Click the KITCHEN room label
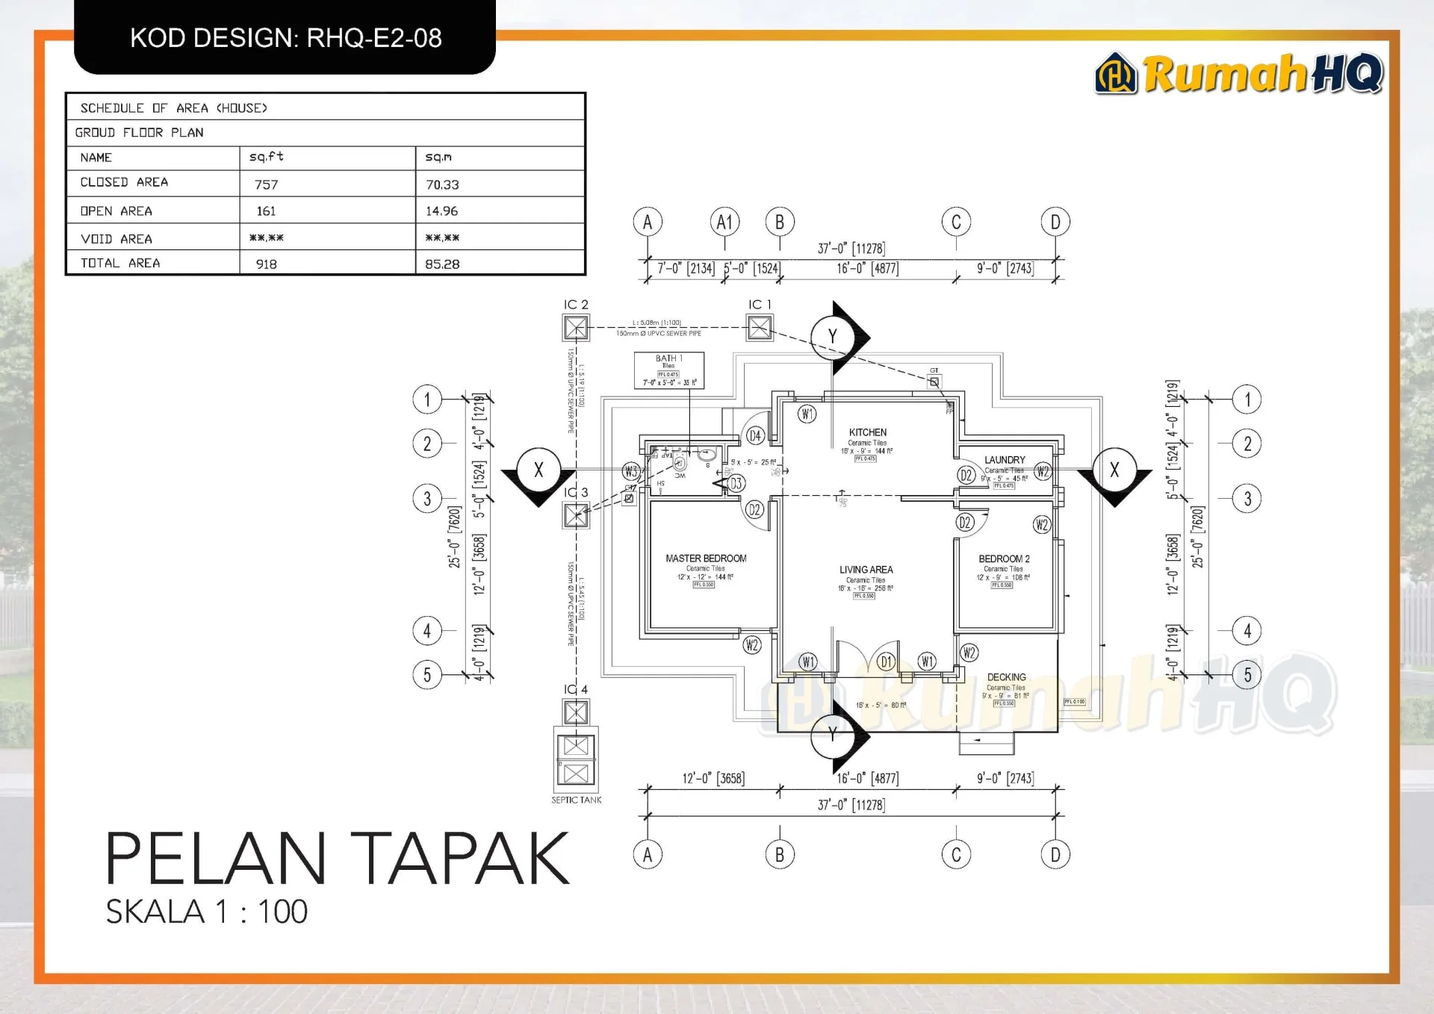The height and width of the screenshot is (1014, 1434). point(867,432)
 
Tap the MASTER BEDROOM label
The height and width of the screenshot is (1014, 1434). point(706,559)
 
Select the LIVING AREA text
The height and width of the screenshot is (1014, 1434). point(866,570)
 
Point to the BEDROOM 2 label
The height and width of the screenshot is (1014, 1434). point(1004,559)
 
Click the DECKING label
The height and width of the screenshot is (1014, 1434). point(1006,677)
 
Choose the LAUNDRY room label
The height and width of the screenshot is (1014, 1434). point(1005,460)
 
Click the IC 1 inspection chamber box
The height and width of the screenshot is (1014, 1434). point(760,328)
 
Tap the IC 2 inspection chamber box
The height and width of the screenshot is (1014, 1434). point(576,328)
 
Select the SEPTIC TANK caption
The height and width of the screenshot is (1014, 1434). point(576,800)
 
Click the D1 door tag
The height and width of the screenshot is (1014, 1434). point(886,662)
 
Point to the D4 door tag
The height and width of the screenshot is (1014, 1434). point(755,436)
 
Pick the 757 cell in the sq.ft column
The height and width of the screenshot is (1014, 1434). point(266,184)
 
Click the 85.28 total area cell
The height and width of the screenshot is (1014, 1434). point(442,264)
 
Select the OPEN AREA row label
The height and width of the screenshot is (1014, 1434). point(116,211)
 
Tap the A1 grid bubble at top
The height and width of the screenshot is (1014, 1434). point(724,222)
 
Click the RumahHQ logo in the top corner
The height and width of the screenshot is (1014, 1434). point(1238,74)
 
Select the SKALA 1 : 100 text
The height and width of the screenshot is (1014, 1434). point(207,912)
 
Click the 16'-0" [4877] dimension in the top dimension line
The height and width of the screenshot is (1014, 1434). point(867,269)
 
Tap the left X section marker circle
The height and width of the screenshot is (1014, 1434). point(538,470)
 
